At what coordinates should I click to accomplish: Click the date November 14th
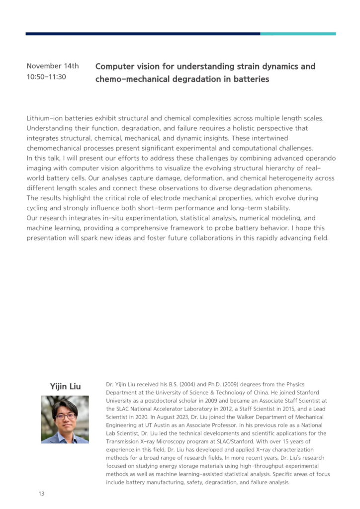(52, 66)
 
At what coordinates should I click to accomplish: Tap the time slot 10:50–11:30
(46, 77)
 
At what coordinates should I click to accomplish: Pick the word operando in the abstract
(319, 158)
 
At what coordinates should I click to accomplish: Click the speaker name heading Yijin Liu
(65, 386)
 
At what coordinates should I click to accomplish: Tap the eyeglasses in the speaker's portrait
(65, 415)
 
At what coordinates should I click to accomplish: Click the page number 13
(42, 493)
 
